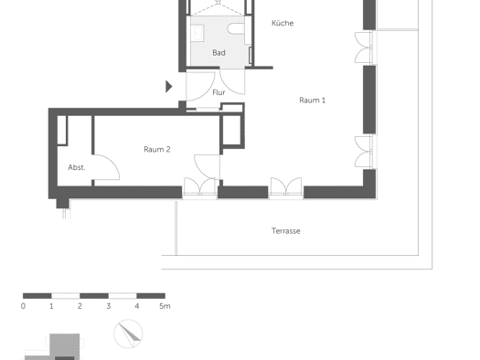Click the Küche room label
pos(283,23)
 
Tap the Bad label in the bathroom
pos(219,53)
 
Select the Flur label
pos(219,92)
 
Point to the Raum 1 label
pos(313,101)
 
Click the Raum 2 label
pos(157,149)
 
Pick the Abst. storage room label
pos(77,167)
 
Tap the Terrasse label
pos(286,231)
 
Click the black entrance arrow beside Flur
pos(168,87)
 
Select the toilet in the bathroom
pos(235,28)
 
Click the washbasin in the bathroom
pos(197,33)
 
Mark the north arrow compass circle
pos(128,334)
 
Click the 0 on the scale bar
pos(23,306)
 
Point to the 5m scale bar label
pos(165,306)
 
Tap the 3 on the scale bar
pos(109,306)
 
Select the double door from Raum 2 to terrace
pos(199,186)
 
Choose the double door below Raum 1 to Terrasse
pos(286,186)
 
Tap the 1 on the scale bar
pos(51,306)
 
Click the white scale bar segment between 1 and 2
pos(66,296)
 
